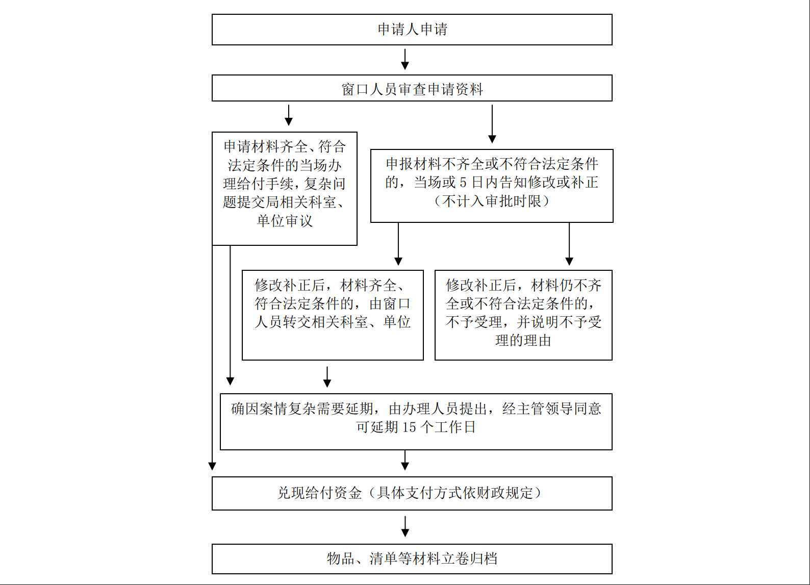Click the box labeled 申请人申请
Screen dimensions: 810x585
[412, 30]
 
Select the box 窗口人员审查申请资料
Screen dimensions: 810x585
[412, 88]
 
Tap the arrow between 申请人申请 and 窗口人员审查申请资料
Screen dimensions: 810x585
[405, 59]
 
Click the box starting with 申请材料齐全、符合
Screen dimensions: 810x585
[285, 189]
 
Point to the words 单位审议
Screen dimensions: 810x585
[285, 221]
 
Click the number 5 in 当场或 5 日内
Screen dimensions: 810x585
[463, 183]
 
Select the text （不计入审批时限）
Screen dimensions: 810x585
[492, 201]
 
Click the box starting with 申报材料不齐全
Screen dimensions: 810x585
[492, 186]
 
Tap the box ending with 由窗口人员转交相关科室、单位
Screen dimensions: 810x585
[333, 315]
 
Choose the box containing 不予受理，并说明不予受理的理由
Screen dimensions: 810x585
[523, 315]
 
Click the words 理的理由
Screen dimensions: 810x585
[523, 341]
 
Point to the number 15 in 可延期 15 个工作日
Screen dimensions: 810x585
[409, 427]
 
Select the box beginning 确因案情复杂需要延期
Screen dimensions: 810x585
[416, 422]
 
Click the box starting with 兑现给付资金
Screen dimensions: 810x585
[412, 494]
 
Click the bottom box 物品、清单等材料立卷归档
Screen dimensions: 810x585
[412, 559]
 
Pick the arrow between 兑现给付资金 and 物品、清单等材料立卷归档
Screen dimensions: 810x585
[405, 526]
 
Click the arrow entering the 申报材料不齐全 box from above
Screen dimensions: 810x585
[492, 124]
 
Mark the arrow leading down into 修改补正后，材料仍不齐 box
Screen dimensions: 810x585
[569, 244]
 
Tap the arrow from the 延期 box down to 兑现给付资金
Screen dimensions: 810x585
[405, 460]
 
